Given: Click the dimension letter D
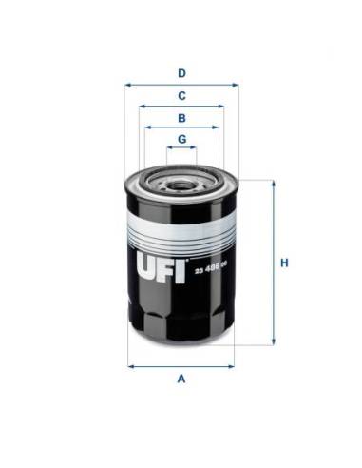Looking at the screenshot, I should pos(181,72).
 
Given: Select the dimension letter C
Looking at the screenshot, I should pos(181,95).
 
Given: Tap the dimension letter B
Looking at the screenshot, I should pos(181,118).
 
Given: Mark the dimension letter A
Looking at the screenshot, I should pos(181,379).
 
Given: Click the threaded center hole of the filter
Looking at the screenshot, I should pos(181,178).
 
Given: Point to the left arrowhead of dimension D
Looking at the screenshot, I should pos(127,84).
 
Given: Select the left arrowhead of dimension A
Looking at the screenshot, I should pos(130,365).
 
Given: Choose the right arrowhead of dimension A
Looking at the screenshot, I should pos(232,365).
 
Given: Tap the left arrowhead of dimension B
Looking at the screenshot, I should pos(144,128).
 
